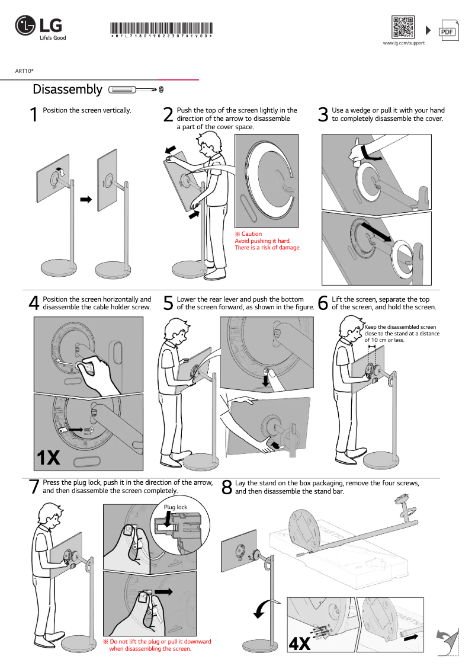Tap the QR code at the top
(403, 27)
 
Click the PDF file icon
(448, 31)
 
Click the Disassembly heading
(68, 89)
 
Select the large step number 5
(168, 303)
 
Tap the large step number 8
(226, 487)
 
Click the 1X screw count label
(49, 457)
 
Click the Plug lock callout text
(175, 507)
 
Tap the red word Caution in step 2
(251, 234)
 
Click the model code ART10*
(24, 71)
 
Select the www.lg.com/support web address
(403, 43)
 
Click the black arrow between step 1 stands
(86, 200)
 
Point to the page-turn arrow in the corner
(447, 642)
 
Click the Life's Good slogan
(53, 38)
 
